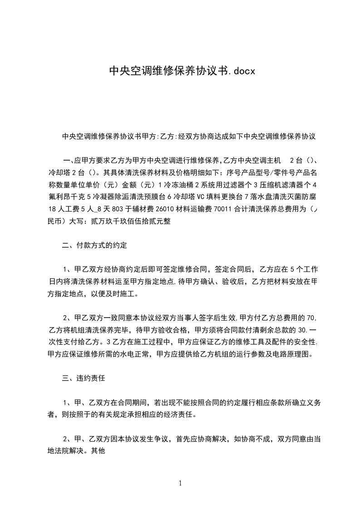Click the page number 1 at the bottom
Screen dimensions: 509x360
(x=180, y=483)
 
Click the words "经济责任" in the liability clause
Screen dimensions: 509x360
(x=182, y=415)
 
